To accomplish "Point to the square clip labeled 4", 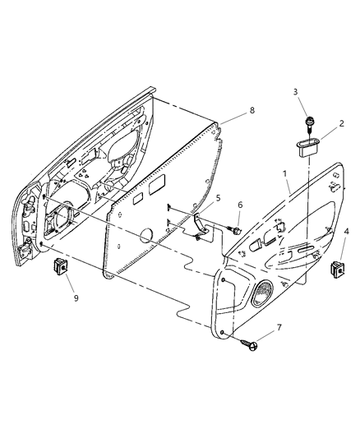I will [x=338, y=266].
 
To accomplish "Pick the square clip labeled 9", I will [x=59, y=266].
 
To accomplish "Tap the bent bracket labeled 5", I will [x=200, y=224].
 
